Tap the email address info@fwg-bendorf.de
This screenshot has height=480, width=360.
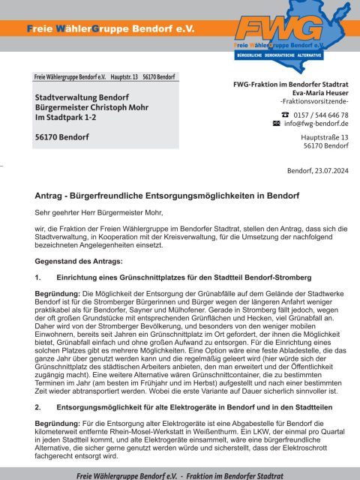point(316,122)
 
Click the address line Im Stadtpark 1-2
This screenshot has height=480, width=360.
point(68,118)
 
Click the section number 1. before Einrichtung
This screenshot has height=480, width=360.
point(39,278)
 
